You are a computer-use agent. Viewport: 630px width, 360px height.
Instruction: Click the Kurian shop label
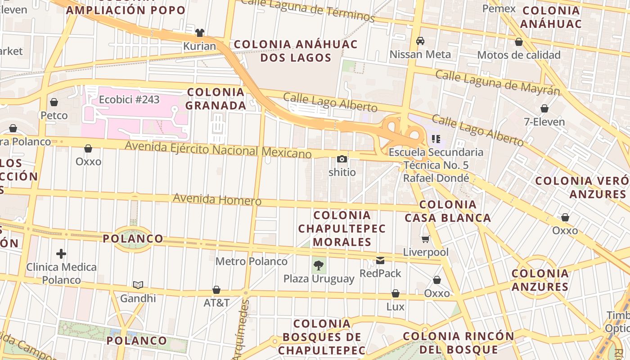[x=199, y=46]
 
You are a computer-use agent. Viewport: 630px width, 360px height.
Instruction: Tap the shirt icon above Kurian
[x=200, y=33]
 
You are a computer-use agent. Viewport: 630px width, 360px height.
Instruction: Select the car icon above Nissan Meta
[x=420, y=41]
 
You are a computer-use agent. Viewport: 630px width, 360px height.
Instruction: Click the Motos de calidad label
[x=518, y=55]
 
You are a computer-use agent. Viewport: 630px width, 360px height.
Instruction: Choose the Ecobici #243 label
[x=129, y=99]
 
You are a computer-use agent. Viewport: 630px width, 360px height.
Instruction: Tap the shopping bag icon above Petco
[x=54, y=103]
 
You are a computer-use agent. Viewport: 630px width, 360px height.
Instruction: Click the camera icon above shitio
[x=342, y=159]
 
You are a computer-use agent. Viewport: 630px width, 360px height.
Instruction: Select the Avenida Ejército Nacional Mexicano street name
[x=218, y=149]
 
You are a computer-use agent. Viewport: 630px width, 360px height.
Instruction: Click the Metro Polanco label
[x=251, y=261]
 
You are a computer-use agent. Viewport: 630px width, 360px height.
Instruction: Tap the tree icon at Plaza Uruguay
[x=319, y=265]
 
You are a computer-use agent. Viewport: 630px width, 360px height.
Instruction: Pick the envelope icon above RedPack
[x=380, y=260]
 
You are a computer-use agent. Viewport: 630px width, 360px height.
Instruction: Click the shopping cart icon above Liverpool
[x=425, y=239]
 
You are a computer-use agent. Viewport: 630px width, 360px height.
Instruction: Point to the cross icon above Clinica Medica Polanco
[x=61, y=254]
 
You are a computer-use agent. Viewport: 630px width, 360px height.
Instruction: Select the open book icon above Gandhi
[x=138, y=285]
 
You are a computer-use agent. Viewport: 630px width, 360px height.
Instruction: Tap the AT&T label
[x=216, y=302]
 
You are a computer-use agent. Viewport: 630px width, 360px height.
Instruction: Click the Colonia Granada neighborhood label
[x=216, y=99]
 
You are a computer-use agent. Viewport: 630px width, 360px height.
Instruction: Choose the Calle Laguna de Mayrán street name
[x=498, y=82]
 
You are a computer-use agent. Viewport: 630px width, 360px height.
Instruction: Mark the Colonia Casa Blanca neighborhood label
[x=448, y=211]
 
